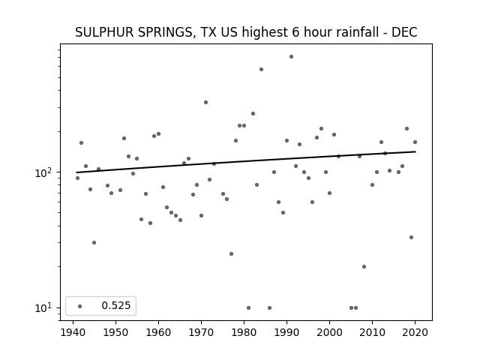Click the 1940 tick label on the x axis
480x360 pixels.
(x=73, y=332)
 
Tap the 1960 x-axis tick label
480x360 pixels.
(x=158, y=332)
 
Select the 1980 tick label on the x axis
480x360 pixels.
(x=244, y=332)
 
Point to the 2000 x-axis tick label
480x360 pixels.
(x=329, y=332)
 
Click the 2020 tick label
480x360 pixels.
(x=415, y=332)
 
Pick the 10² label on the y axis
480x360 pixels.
(x=45, y=173)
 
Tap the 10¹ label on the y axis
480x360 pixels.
(x=45, y=308)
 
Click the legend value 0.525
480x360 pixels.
(x=116, y=305)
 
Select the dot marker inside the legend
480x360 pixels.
(x=80, y=306)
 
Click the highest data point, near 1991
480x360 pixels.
(x=291, y=57)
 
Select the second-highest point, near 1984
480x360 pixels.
(x=261, y=70)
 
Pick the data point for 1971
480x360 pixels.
(x=205, y=102)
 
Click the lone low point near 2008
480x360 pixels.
(x=364, y=267)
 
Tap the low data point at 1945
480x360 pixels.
(x=94, y=242)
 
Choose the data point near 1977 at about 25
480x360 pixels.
(x=231, y=253)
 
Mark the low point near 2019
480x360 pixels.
(x=411, y=237)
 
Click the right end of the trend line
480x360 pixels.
(x=415, y=151)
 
